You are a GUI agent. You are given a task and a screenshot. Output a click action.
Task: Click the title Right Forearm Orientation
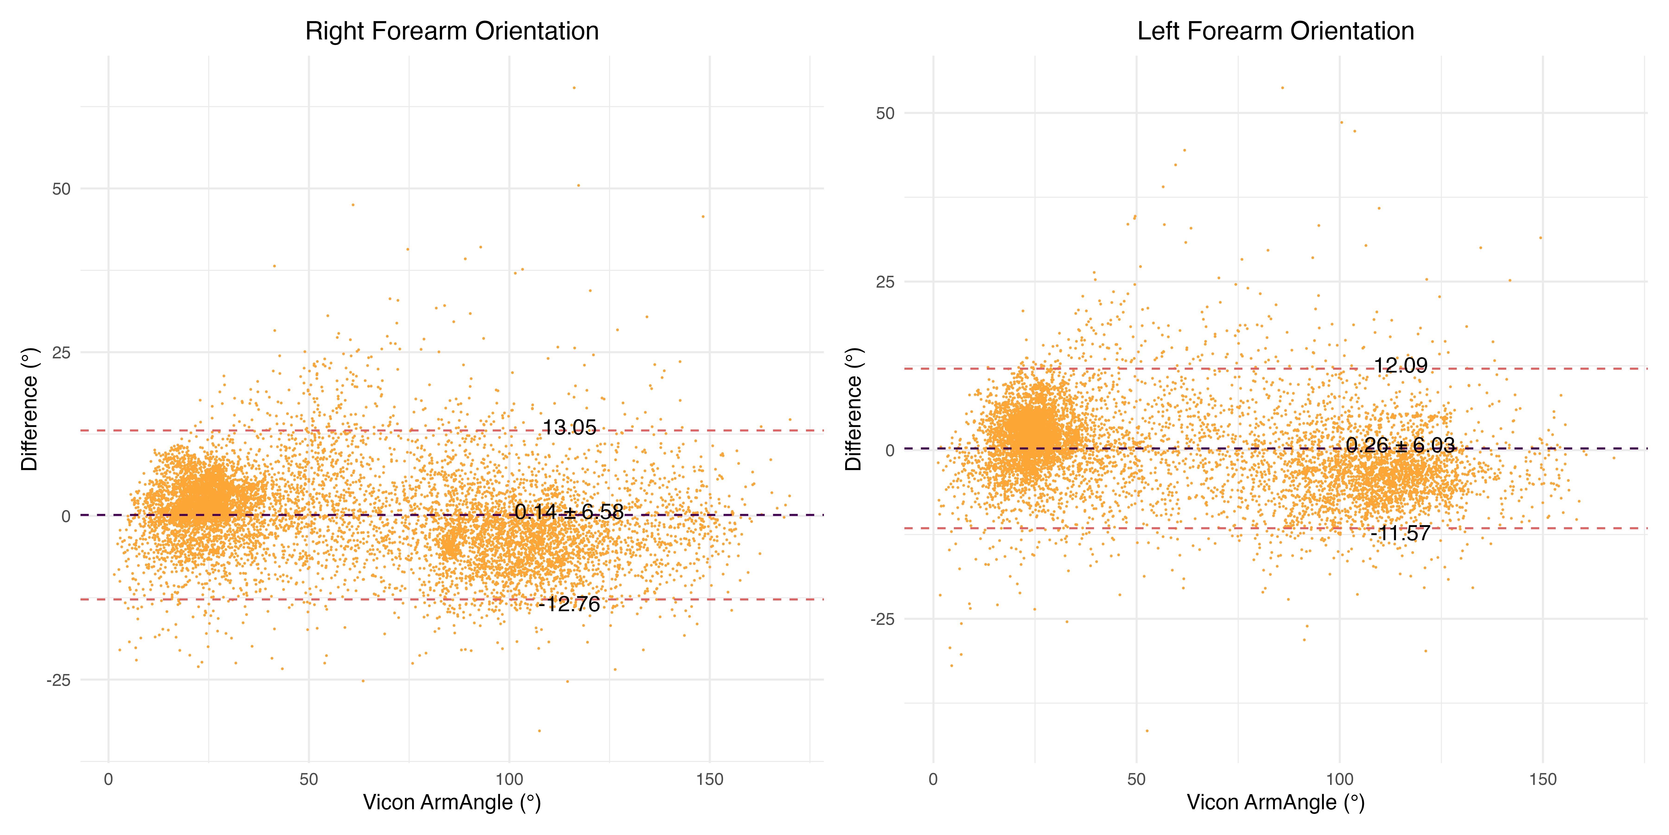[452, 31]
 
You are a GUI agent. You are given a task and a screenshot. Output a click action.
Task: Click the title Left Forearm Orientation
[1275, 31]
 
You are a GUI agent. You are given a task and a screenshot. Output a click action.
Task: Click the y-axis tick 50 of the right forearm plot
[62, 189]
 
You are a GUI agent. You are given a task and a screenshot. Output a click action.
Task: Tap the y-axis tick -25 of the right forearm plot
[58, 680]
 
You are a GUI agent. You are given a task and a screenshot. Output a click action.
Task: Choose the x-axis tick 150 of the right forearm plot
[710, 779]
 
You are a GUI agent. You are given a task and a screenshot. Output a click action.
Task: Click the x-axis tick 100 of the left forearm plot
[1340, 779]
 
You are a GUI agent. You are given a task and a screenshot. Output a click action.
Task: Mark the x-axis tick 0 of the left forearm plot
[933, 779]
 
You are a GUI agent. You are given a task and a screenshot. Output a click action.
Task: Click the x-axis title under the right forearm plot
[452, 803]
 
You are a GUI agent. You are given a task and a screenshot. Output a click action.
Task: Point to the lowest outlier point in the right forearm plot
[539, 731]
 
